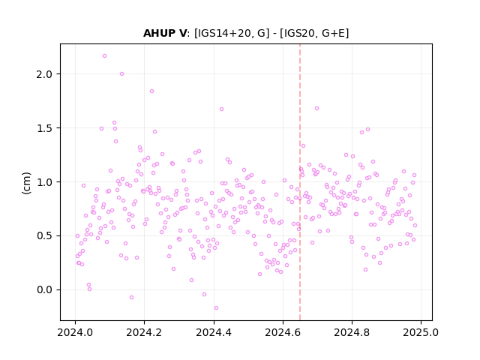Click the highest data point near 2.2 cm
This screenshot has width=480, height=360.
pyautogui.click(x=104, y=56)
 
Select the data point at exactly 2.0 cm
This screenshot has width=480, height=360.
pyautogui.click(x=121, y=73)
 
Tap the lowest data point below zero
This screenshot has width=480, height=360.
pyautogui.click(x=216, y=308)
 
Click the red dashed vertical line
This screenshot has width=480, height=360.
pyautogui.click(x=300, y=182)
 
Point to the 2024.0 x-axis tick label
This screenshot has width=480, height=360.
pyautogui.click(x=75, y=332)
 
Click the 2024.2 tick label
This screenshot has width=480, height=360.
pyautogui.click(x=144, y=332)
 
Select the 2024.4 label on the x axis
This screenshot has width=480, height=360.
pyautogui.click(x=214, y=332)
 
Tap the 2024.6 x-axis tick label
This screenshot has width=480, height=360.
pyautogui.click(x=283, y=332)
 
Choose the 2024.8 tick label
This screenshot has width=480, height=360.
pyautogui.click(x=352, y=332)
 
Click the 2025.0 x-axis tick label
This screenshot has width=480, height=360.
pyautogui.click(x=421, y=332)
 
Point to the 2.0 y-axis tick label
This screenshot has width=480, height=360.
pyautogui.click(x=44, y=74)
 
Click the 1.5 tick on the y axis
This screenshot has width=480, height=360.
pyautogui.click(x=44, y=128)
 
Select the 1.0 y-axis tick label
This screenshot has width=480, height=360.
pyautogui.click(x=44, y=181)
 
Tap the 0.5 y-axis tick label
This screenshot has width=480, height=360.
pyautogui.click(x=44, y=236)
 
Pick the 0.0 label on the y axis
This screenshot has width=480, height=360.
pyautogui.click(x=44, y=290)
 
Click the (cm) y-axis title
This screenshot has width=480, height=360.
pyautogui.click(x=27, y=183)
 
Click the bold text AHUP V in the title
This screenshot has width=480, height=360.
pyautogui.click(x=165, y=33)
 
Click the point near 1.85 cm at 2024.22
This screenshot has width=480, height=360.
pyautogui.click(x=151, y=91)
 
